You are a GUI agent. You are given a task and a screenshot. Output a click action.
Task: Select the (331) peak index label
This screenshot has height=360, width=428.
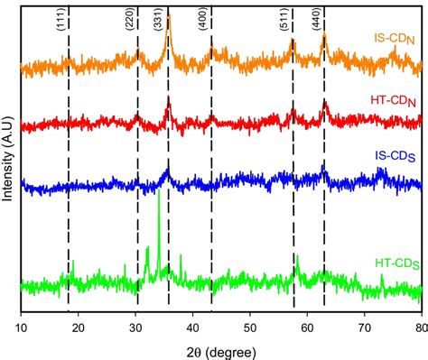pos(159,24)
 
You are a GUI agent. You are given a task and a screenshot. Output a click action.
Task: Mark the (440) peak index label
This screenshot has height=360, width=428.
pos(316,24)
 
